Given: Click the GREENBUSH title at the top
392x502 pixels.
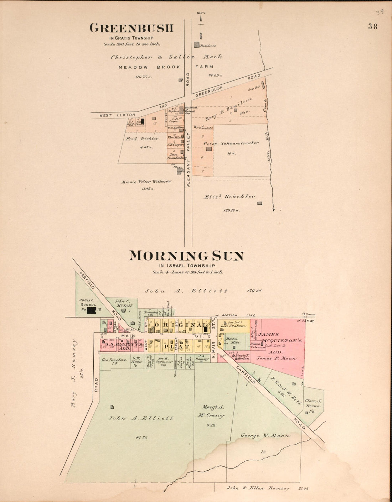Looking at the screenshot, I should point(131,28).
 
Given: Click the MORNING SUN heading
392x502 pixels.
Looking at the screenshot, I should point(186,256).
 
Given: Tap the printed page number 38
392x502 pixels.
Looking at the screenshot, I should point(373,26).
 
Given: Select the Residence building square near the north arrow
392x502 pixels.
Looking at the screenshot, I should point(196,45).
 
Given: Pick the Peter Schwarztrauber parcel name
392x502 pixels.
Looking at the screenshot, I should point(231,143).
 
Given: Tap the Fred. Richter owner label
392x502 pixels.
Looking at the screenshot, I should point(141,139).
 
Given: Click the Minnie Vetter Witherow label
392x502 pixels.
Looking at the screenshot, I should point(146,182).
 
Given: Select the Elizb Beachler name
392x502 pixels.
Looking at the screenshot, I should point(229,197).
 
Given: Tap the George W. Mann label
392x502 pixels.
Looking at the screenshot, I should point(265,435).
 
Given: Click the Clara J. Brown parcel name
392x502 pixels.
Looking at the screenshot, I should point(313,403).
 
